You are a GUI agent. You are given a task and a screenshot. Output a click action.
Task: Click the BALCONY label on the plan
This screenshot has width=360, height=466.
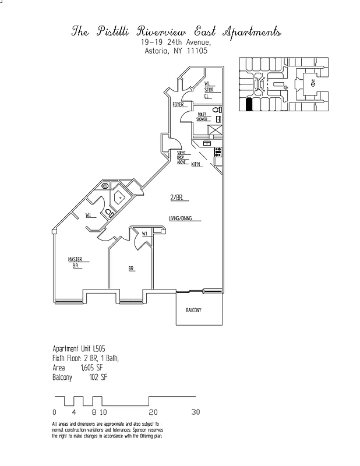point(193,310)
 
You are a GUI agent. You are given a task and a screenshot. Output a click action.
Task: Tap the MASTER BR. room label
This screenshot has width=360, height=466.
point(75,262)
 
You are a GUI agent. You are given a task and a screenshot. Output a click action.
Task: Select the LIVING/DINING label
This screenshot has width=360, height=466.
point(181,219)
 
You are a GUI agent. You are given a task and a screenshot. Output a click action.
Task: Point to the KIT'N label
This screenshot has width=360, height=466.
point(196,164)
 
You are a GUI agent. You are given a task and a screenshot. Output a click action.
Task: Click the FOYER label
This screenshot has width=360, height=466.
point(178,105)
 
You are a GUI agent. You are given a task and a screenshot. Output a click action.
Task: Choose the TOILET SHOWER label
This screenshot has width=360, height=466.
point(202,116)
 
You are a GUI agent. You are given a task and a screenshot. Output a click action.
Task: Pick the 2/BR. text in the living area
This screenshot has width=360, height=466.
point(177,198)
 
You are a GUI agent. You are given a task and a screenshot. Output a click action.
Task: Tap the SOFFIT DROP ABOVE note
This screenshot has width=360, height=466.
point(182,157)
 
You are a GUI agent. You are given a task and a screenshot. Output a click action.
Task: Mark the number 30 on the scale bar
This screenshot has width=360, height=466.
point(196,412)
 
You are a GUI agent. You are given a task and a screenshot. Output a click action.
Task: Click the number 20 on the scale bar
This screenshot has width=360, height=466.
point(153,412)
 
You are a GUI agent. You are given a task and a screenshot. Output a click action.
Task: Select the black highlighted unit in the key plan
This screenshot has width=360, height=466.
point(249,104)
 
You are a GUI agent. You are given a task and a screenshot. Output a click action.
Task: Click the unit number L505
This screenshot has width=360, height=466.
point(97,348)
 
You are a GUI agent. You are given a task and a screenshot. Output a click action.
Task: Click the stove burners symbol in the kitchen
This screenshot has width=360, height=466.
point(218,152)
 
